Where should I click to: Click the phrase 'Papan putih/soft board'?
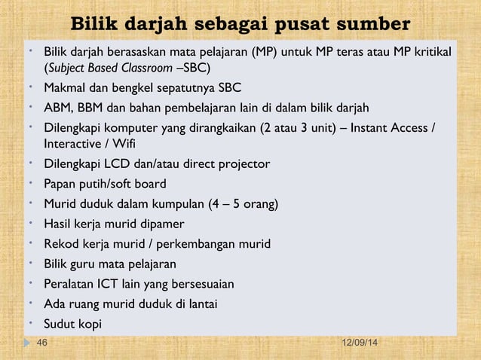coord(105,184)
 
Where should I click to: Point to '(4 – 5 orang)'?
coord(242,203)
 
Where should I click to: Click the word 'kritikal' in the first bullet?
coord(431,53)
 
